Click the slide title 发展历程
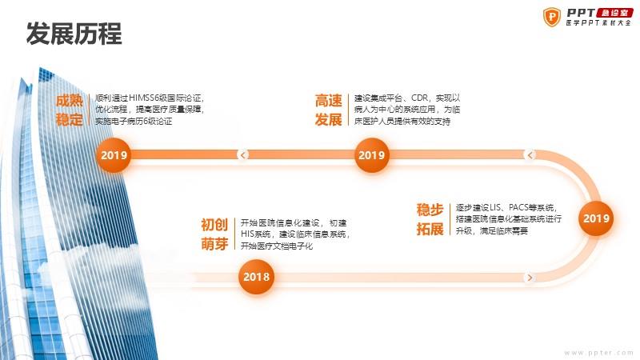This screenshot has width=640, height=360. click(74, 33)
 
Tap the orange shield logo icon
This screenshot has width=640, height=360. click(552, 17)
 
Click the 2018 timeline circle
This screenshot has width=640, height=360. click(256, 277)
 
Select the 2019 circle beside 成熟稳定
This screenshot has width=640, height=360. click(114, 155)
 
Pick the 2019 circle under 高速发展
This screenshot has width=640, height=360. click(371, 155)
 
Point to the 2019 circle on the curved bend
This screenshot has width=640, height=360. click(596, 218)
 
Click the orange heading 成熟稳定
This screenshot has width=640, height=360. click(70, 110)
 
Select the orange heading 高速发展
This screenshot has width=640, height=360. click(328, 110)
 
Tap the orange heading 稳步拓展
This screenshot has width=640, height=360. click(430, 219)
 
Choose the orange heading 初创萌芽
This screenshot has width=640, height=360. click(214, 234)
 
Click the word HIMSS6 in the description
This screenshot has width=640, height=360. click(143, 98)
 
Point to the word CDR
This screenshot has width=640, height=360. click(419, 98)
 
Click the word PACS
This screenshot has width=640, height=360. click(519, 207)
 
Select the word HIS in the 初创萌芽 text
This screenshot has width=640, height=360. click(247, 234)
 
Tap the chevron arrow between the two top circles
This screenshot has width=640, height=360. click(243, 155)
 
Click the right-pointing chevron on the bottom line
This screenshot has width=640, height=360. click(530, 278)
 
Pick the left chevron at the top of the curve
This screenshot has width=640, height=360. click(530, 155)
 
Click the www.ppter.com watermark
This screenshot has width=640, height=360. click(598, 353)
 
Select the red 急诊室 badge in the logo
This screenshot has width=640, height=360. click(614, 13)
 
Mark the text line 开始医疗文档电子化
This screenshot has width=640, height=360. click(276, 246)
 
